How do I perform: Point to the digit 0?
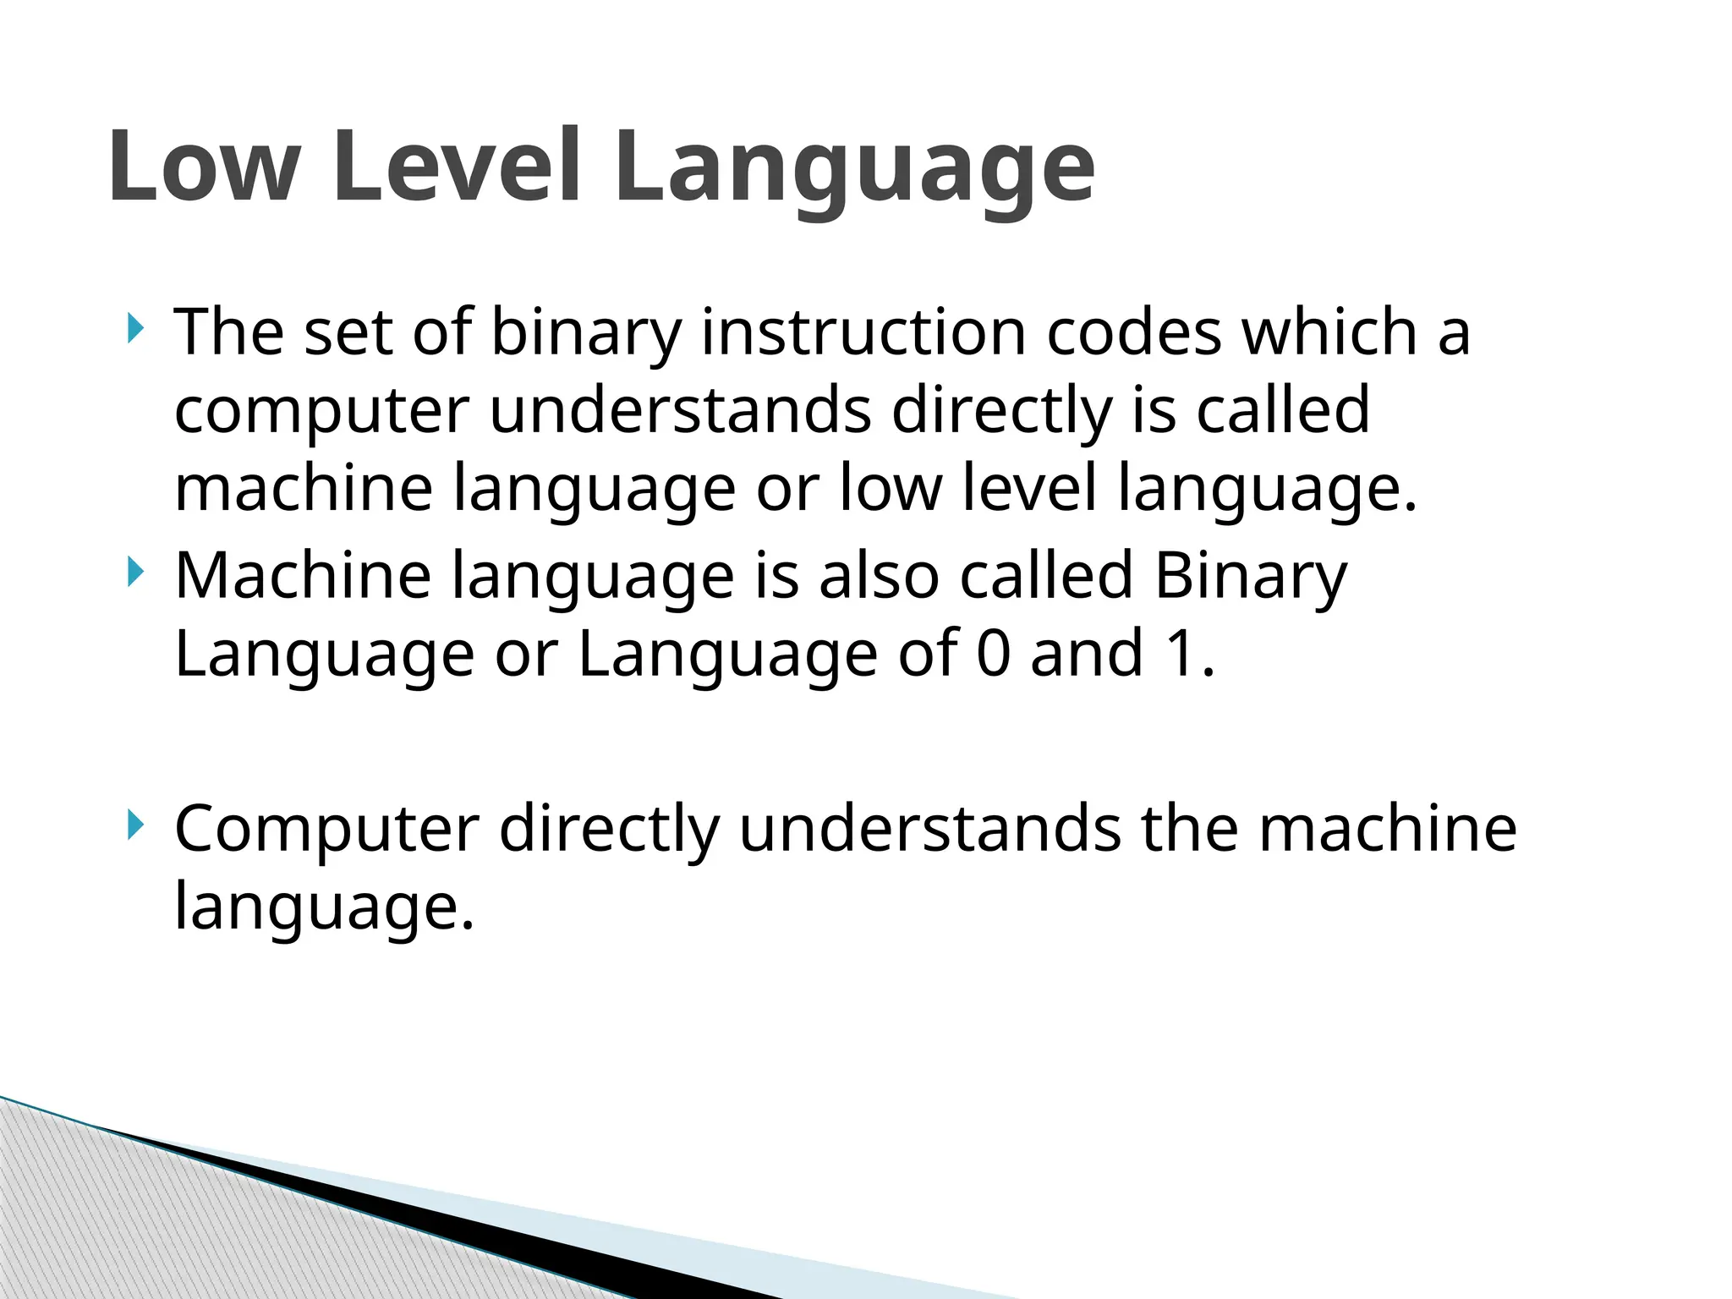click(993, 654)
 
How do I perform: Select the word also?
click(879, 576)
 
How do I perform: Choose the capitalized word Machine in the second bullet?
click(303, 576)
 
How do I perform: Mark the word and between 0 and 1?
click(1087, 654)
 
